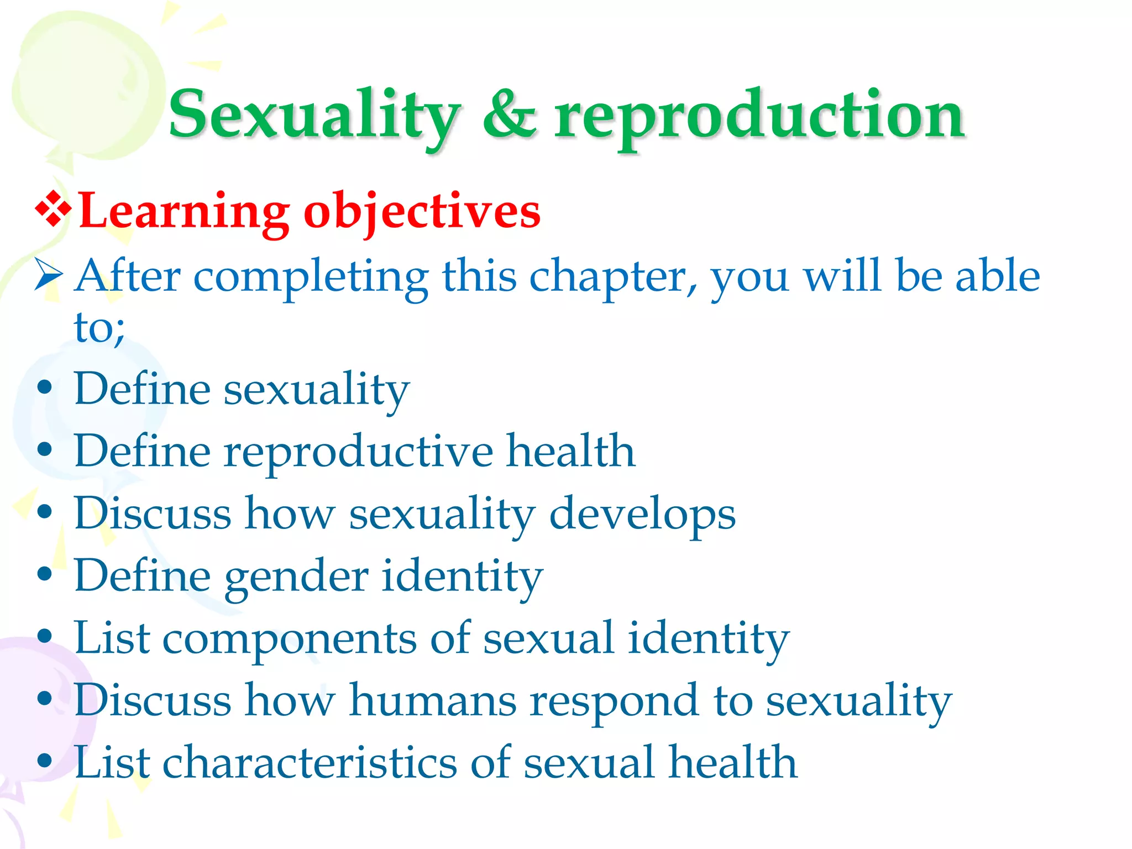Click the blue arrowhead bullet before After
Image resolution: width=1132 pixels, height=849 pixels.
(x=48, y=275)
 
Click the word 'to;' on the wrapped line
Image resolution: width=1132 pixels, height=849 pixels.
(x=99, y=327)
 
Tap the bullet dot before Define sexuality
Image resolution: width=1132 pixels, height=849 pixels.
(x=45, y=387)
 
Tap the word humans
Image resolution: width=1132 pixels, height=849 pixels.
(x=433, y=700)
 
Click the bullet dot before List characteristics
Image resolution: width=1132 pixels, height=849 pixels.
(x=45, y=761)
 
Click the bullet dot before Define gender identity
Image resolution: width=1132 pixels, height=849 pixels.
(x=45, y=574)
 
